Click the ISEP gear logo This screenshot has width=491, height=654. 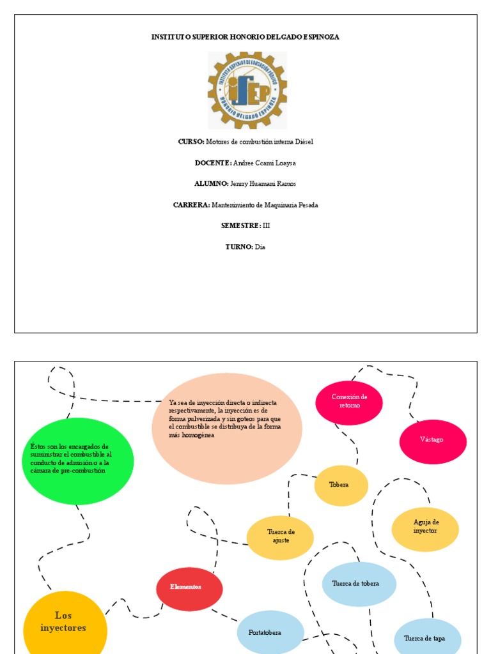pos(247,90)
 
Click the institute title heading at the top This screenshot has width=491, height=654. pos(245,37)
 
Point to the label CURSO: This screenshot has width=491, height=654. pos(191,142)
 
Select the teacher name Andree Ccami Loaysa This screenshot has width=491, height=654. pos(265,163)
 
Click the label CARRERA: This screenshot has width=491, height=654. pos(191,205)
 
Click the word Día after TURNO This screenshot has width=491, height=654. pos(260,247)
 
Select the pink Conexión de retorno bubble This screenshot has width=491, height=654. pos(349,402)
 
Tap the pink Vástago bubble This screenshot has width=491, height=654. pos(433,441)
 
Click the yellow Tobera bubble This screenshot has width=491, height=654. pos(341,485)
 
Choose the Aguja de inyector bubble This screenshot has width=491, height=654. pos(425,528)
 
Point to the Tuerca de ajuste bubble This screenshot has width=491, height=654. pos(281,537)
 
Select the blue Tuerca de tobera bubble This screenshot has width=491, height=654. pos(359,584)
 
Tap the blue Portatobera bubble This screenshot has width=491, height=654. pos(270,632)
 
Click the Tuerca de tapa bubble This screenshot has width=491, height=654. pos(427,637)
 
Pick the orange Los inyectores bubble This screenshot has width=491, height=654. pos(65,623)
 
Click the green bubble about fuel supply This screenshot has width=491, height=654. pos(77,460)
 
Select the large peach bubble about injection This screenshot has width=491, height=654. pos(227,428)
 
